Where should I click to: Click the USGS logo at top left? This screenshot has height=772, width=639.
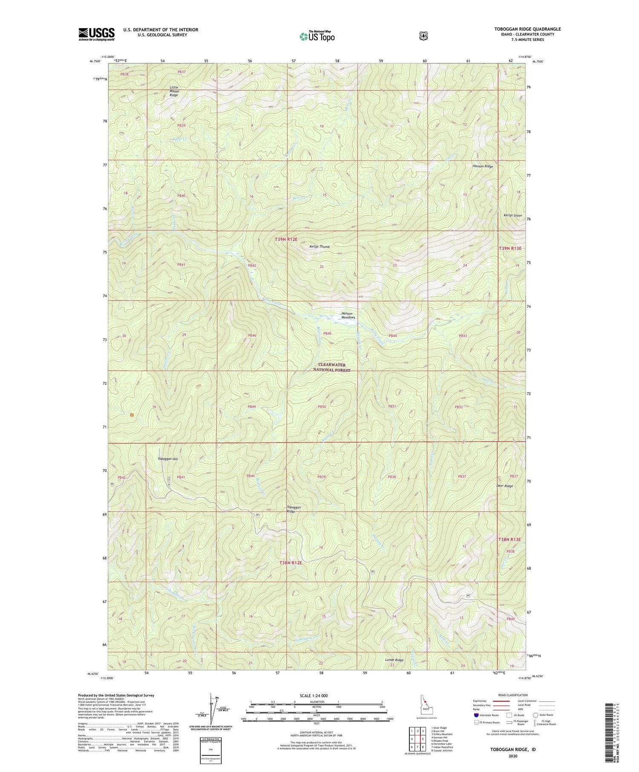pos(96,34)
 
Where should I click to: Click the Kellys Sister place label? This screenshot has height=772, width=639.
pos(512,215)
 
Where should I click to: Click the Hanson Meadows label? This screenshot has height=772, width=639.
pos(348,316)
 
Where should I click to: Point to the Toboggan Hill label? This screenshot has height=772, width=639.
pos(168,459)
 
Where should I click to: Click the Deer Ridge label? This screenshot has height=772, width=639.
pos(504,486)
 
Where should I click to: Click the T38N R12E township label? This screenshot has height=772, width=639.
pos(291,563)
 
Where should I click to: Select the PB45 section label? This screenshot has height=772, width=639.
pos(327,333)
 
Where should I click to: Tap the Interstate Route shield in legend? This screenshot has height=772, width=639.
pos(476,715)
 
